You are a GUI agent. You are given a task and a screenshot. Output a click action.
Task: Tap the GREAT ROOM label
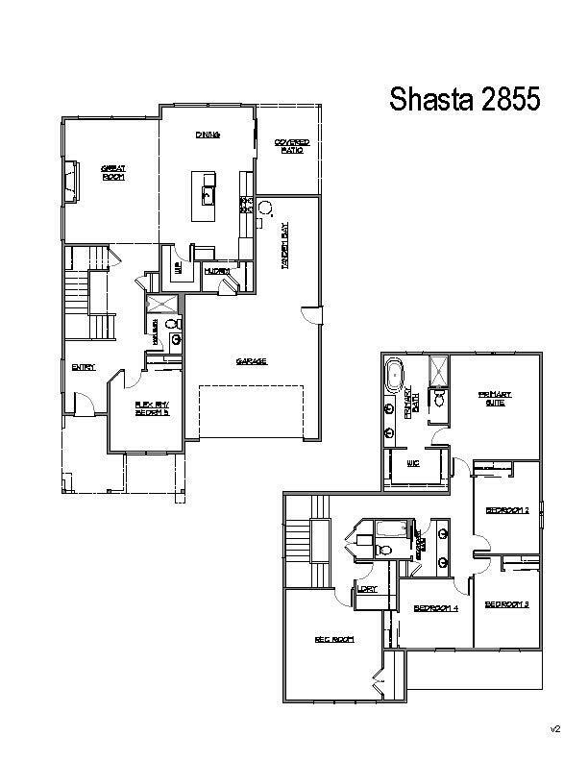pyautogui.click(x=115, y=171)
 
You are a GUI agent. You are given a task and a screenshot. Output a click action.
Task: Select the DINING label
pyautogui.click(x=208, y=135)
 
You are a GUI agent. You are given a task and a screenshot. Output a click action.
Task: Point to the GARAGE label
pyautogui.click(x=251, y=361)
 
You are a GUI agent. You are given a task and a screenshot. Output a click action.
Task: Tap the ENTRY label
pyautogui.click(x=83, y=366)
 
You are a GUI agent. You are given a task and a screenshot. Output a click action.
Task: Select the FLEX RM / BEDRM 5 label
pyautogui.click(x=151, y=408)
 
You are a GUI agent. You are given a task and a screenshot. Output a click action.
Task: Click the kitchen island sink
pyautogui.click(x=207, y=196)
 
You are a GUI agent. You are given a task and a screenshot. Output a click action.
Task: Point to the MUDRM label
pyautogui.click(x=216, y=271)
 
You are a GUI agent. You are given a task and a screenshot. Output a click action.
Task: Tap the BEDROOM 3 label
pyautogui.click(x=507, y=604)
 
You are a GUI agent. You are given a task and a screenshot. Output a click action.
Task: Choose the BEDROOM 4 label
pyautogui.click(x=435, y=607)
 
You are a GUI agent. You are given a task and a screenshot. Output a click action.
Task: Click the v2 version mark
pyautogui.click(x=554, y=729)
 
